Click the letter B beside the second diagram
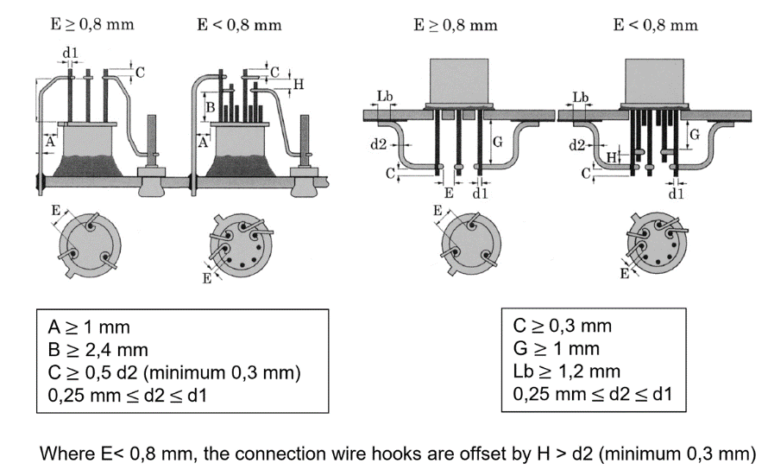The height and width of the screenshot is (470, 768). [x=209, y=107]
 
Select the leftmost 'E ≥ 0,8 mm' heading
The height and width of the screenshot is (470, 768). [x=91, y=24]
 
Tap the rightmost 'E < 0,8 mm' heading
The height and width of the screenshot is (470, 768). [x=655, y=24]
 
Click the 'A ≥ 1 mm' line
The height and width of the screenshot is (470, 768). [x=89, y=327]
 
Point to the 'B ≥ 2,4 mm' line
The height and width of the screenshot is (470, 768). [x=98, y=350]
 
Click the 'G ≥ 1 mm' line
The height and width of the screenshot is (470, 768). [x=556, y=349]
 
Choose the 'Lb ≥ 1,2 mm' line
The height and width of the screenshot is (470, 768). [x=566, y=372]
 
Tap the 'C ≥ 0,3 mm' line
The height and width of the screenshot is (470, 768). [x=562, y=326]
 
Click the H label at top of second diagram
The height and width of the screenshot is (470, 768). [x=298, y=84]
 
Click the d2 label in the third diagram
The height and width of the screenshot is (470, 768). [x=378, y=144]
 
